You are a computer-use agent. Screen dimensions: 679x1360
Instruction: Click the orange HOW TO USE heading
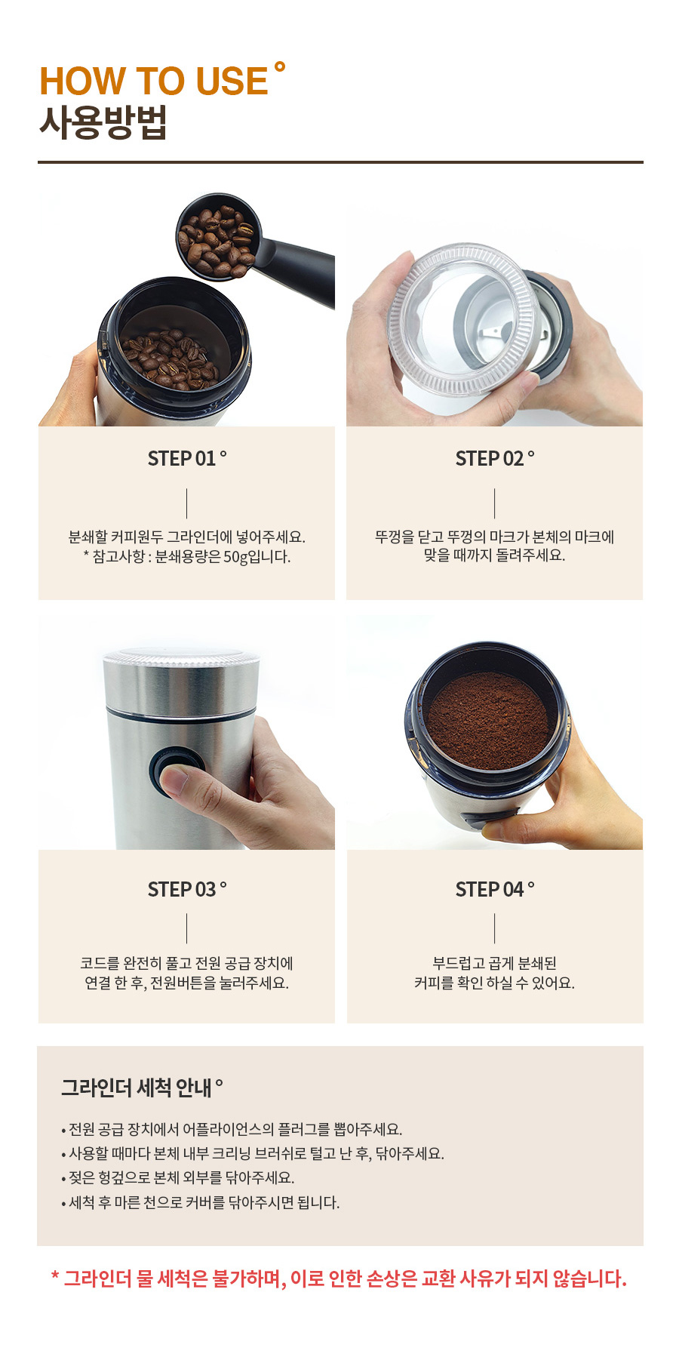tap(154, 81)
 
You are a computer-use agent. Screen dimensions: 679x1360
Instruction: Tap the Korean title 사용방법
tap(103, 122)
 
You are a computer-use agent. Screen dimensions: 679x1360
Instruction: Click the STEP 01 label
tap(187, 458)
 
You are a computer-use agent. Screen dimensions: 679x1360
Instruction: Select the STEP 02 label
tap(495, 458)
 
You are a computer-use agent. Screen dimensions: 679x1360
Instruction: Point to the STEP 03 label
tap(187, 889)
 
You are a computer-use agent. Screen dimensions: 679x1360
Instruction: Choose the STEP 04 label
tap(495, 889)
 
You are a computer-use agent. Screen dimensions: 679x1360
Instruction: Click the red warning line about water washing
tap(339, 1278)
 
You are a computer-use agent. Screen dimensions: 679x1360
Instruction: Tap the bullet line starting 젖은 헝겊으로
tap(178, 1177)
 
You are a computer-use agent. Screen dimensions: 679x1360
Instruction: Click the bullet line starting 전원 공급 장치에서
tap(232, 1129)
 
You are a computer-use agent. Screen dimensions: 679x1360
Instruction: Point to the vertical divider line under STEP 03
tap(187, 928)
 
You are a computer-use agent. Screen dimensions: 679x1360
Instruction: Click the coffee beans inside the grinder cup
tap(170, 358)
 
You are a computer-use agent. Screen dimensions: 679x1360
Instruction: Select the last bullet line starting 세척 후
tap(201, 1202)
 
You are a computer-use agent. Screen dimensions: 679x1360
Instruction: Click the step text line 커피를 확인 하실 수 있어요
tap(494, 983)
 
